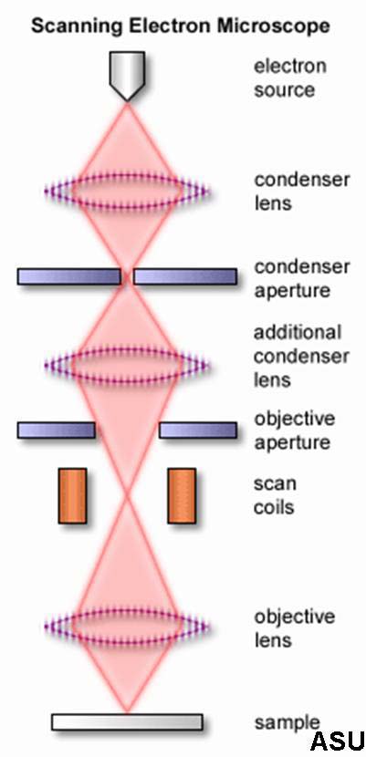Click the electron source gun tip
127,100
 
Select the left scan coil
72,495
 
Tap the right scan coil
182,495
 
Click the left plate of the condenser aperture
69,276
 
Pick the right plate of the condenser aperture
185,276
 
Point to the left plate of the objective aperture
56,430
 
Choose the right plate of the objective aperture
198,430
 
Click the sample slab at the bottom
127,721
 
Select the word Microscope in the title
273,26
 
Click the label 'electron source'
290,78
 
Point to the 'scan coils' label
276,495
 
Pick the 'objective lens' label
294,628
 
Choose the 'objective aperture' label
294,430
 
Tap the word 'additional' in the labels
298,332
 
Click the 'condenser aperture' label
302,278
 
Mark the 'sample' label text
287,723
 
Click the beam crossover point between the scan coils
127,495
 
